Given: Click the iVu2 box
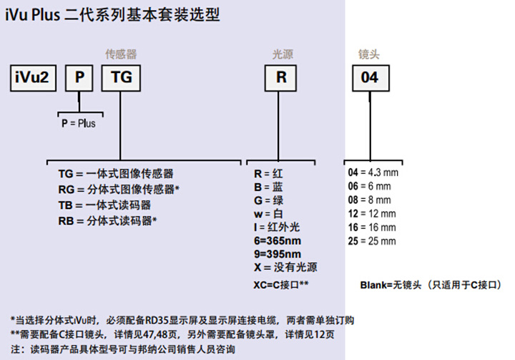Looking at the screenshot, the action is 33,78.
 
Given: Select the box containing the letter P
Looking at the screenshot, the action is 79,78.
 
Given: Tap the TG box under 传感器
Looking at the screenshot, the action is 121,78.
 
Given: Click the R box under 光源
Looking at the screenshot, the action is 281,78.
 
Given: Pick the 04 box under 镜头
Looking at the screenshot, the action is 371,78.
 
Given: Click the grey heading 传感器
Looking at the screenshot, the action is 121,54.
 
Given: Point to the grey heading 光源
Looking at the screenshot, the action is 283,54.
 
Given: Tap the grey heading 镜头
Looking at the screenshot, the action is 369,54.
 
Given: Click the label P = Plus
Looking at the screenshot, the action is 79,124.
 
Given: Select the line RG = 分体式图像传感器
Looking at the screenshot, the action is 119,190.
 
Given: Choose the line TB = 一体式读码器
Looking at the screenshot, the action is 104,205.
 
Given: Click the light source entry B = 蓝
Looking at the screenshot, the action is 268,187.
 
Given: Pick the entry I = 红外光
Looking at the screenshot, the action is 277,227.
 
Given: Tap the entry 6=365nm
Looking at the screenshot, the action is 278,240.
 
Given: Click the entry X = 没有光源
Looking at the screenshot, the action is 285,267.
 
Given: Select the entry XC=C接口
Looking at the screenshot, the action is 281,285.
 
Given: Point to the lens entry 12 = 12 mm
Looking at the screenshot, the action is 372,214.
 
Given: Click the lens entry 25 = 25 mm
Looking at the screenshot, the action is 372,241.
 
